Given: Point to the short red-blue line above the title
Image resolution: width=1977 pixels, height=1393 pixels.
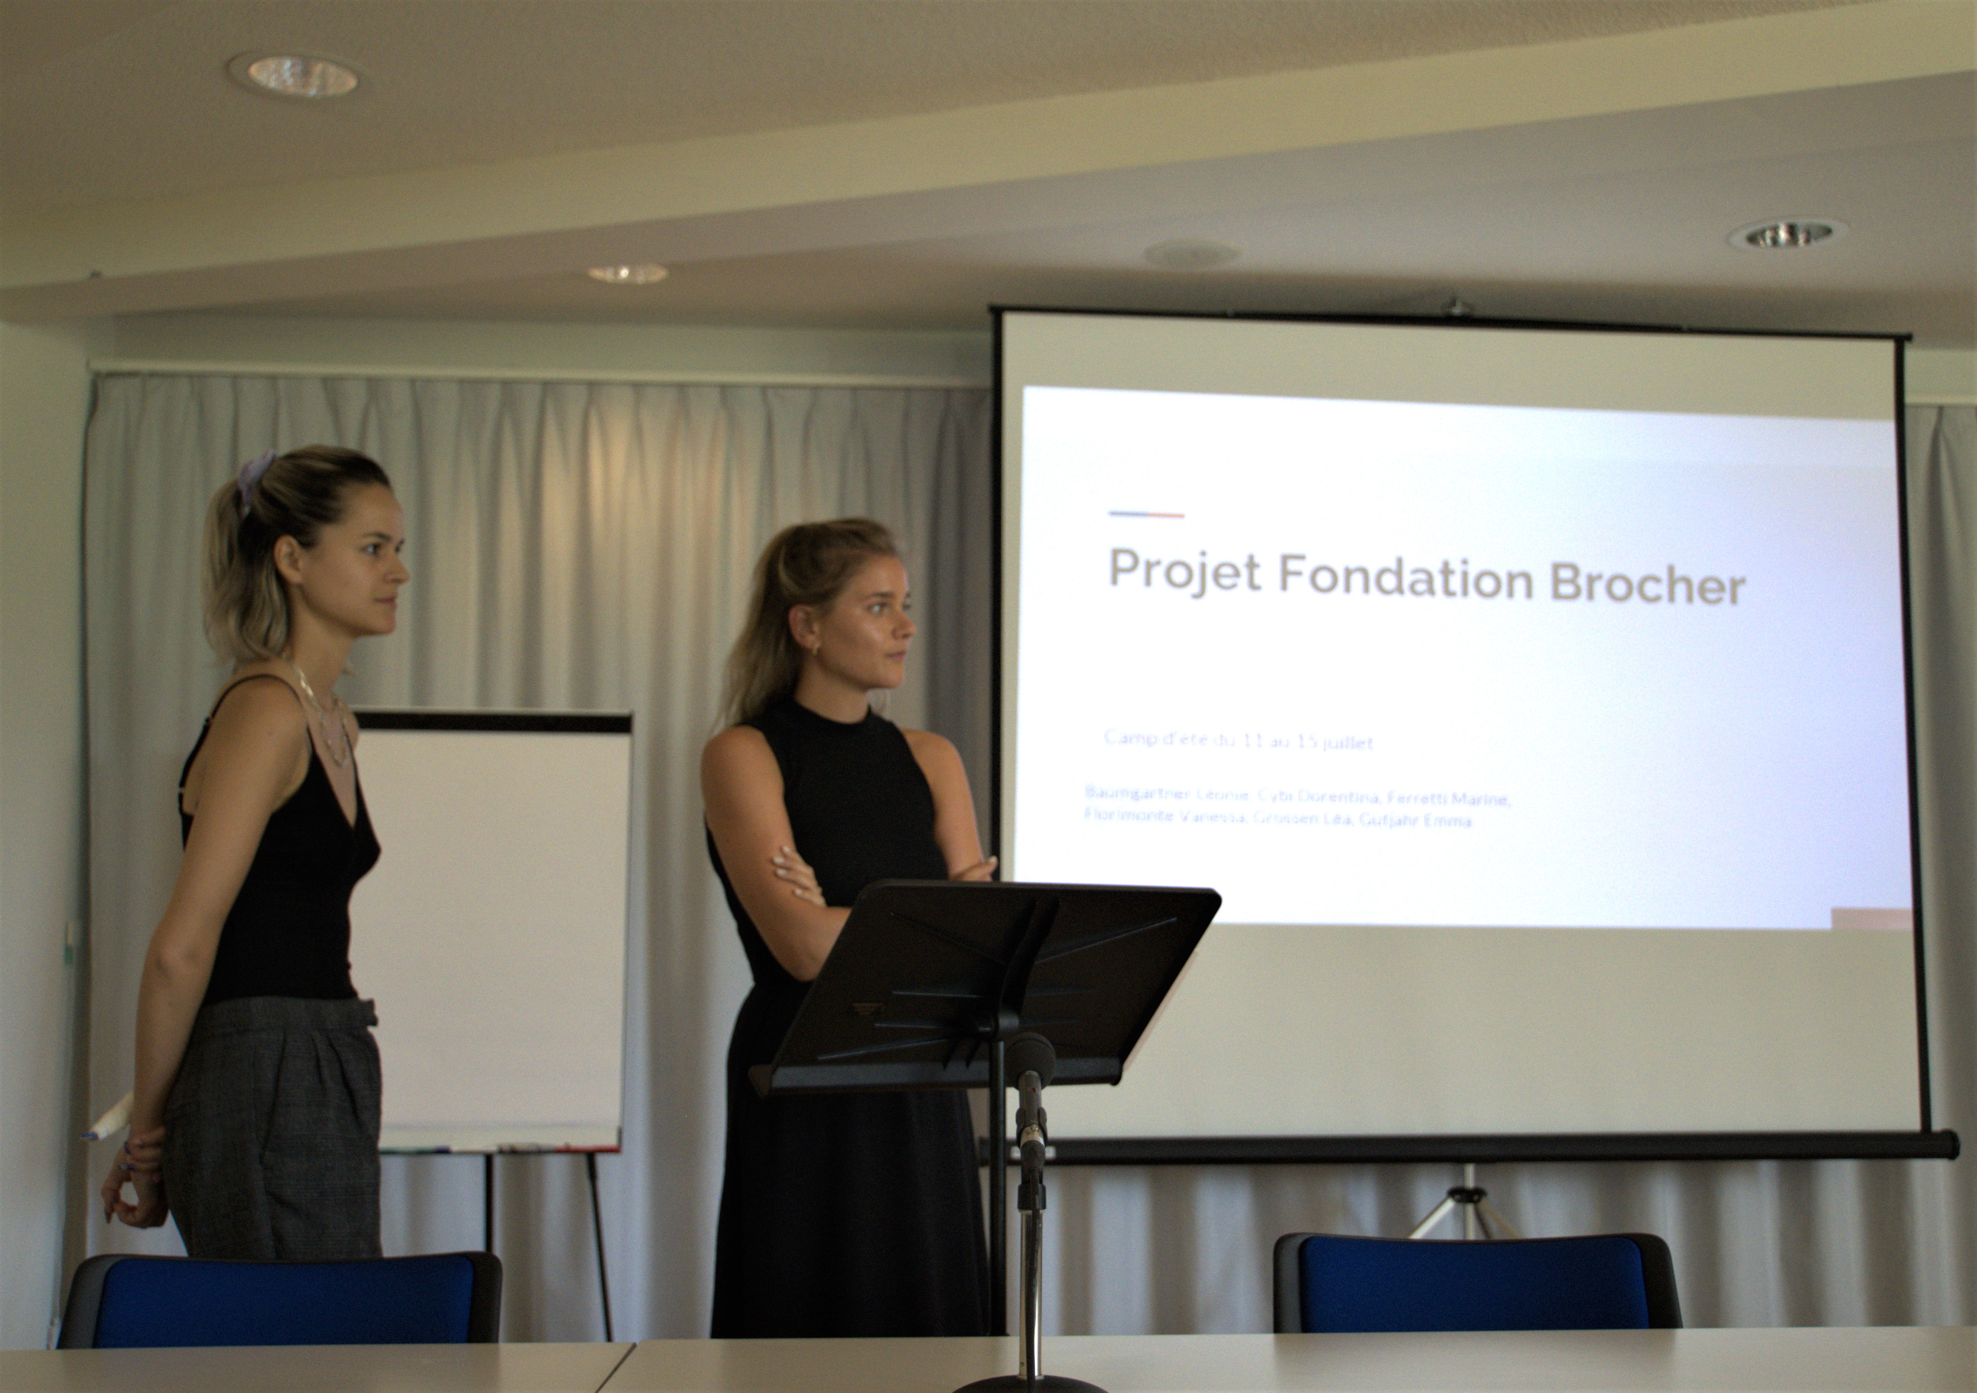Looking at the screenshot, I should coord(1146,515).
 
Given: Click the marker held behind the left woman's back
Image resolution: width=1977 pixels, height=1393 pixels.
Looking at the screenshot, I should coord(107,1119).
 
